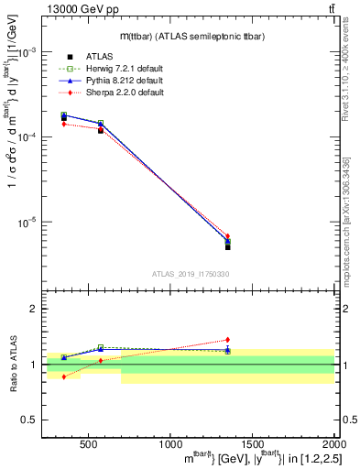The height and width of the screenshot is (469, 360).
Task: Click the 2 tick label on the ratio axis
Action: pyautogui.click(x=33, y=310)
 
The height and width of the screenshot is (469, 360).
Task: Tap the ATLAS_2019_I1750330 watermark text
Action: pyautogui.click(x=191, y=274)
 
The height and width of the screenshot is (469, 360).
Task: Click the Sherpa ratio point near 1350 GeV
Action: pyautogui.click(x=228, y=340)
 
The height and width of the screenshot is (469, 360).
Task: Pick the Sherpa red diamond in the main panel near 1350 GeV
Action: pyautogui.click(x=228, y=236)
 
